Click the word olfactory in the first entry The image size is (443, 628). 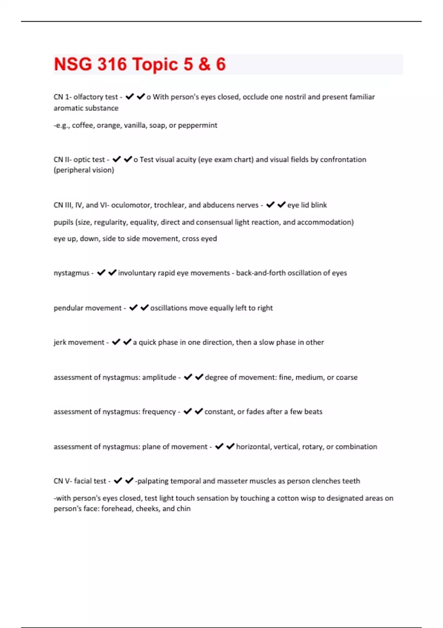(x=88, y=97)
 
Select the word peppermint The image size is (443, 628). (x=198, y=125)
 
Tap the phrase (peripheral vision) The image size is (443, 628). (x=84, y=170)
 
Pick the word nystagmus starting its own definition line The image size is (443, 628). (x=72, y=273)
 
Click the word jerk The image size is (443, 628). (x=60, y=342)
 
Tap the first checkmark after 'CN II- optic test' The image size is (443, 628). (x=117, y=159)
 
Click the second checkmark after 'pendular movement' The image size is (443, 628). (x=145, y=307)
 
